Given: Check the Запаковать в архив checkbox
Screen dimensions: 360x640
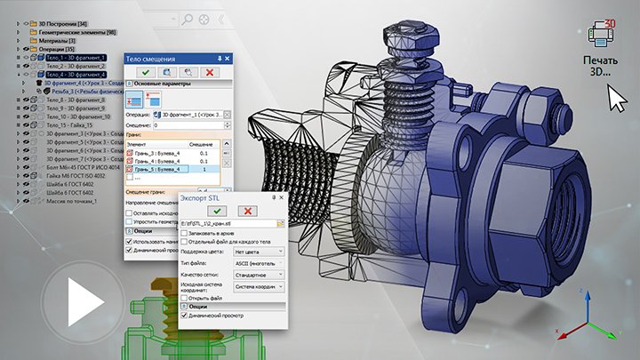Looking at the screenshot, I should click(x=183, y=233).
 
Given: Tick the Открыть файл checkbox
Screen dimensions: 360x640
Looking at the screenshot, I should click(x=183, y=298).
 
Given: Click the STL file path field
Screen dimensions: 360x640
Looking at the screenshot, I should click(x=226, y=223).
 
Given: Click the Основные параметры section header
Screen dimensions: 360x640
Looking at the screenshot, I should click(x=178, y=84).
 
